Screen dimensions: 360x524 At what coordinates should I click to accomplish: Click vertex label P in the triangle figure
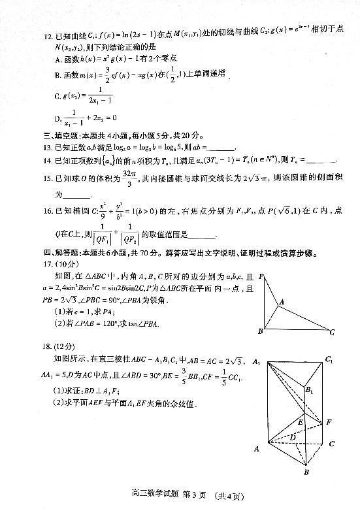[261, 276]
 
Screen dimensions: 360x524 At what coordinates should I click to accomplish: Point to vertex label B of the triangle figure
[260, 331]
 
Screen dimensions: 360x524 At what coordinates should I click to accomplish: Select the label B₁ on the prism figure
[308, 391]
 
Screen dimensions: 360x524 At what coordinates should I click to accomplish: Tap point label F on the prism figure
[329, 422]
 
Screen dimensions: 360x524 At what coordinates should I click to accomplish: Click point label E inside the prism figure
[299, 423]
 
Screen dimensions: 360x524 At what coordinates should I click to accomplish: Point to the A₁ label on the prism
[255, 363]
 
